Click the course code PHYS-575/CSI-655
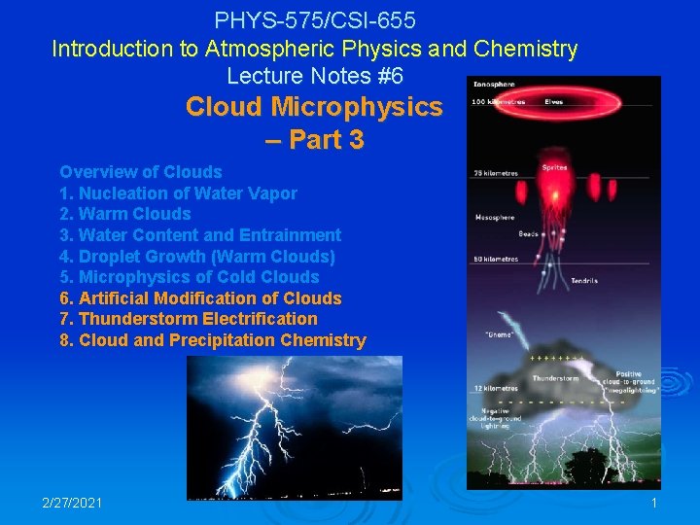point(315,18)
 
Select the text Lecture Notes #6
point(315,75)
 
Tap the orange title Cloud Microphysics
point(314,107)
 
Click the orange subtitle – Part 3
point(314,140)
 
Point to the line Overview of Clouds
point(141,172)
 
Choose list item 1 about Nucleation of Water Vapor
point(179,193)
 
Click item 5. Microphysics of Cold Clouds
point(190,277)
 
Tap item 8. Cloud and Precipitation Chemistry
point(213,340)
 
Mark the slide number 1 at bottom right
point(654,504)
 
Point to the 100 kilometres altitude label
point(499,102)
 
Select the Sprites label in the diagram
point(554,168)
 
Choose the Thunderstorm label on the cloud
point(555,379)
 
